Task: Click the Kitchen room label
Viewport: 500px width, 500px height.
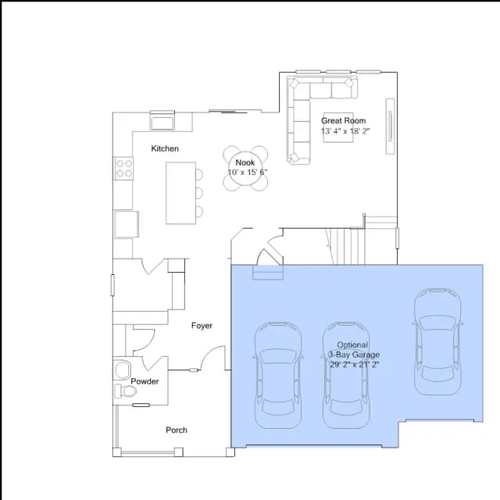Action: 165,148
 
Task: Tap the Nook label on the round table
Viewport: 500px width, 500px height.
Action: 245,162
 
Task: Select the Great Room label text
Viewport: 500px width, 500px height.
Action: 343,120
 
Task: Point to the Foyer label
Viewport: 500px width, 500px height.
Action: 202,326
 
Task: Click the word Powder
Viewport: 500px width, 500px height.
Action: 145,381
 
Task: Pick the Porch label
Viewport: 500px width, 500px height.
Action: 177,430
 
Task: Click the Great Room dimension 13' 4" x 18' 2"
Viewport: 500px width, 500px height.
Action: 345,131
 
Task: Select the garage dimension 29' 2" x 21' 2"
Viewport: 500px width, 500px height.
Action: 354,365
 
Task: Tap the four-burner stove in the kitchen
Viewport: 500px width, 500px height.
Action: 123,169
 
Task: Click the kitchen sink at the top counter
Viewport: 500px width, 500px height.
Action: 162,121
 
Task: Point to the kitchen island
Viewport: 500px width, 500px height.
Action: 180,193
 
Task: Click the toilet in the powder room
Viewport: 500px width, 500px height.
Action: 126,391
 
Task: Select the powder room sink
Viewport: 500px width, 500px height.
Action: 123,370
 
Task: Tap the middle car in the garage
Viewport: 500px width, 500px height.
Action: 346,375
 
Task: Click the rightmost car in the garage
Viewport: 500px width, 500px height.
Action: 438,342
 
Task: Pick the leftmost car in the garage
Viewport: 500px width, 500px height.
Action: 278,375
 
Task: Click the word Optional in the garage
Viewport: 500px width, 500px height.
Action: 352,345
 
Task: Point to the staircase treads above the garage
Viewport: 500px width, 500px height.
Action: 347,246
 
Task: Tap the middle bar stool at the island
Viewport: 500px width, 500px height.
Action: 199,193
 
